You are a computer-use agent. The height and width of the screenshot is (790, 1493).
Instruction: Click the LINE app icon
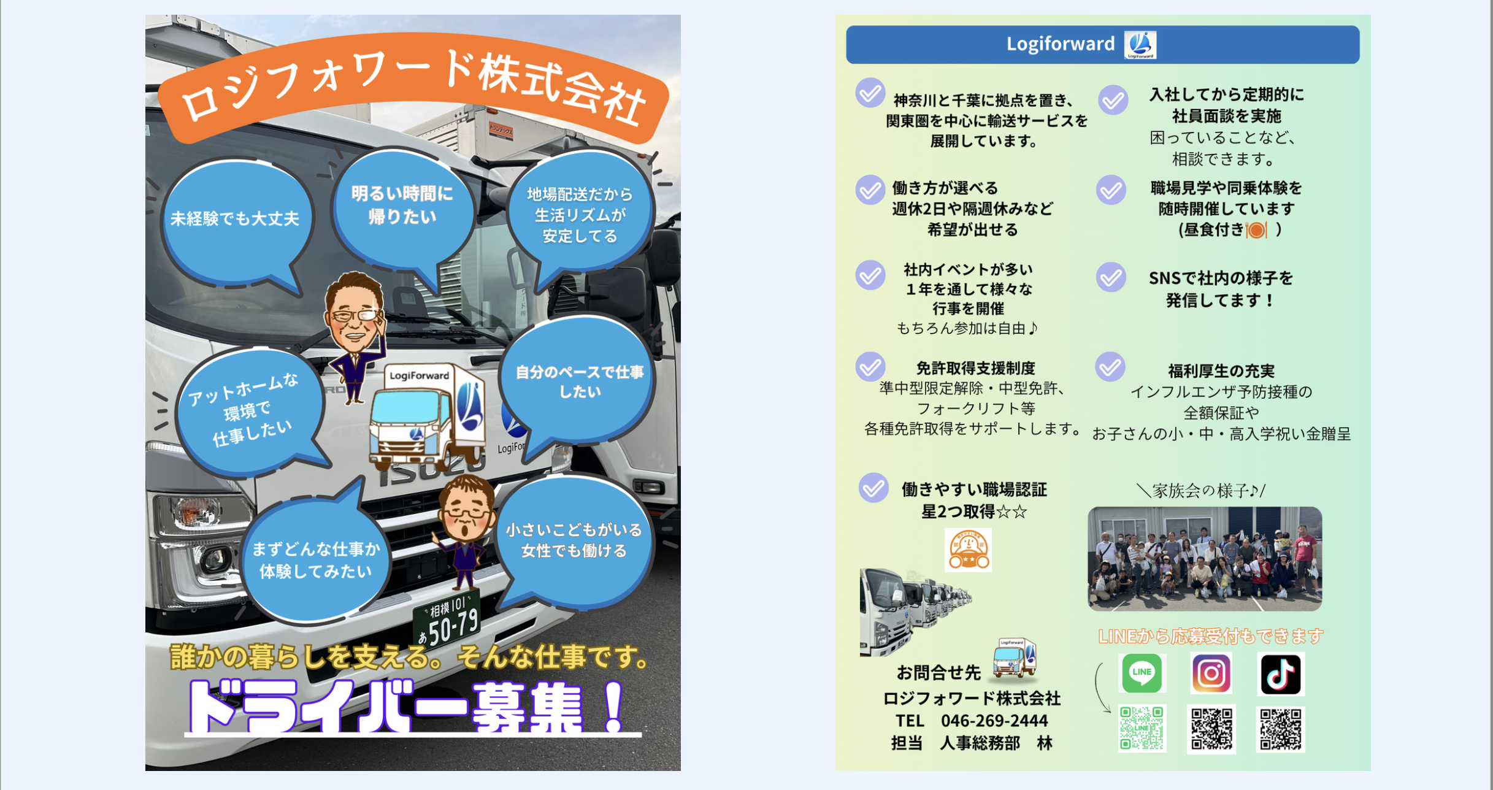coord(1142,673)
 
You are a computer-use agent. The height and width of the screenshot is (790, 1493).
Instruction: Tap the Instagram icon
coord(1211,673)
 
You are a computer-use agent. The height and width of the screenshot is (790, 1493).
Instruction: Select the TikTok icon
coord(1281,673)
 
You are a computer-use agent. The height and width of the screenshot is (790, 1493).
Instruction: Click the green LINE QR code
coord(1142,729)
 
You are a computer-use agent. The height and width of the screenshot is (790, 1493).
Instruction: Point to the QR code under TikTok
coord(1281,729)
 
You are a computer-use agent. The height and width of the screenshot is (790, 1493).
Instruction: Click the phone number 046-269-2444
coord(994,721)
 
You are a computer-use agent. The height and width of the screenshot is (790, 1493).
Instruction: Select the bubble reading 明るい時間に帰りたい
coord(402,209)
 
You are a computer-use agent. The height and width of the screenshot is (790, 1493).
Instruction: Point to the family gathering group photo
coord(1205,558)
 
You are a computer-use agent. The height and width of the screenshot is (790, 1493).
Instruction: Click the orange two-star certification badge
coord(968,550)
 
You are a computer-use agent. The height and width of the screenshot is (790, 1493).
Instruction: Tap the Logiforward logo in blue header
coord(1140,45)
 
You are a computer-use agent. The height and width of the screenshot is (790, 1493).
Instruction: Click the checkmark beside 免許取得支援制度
coord(870,367)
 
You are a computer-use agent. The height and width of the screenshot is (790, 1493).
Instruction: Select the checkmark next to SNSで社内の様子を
coord(1111,278)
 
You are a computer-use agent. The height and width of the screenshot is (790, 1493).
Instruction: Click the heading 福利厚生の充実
coord(1221,371)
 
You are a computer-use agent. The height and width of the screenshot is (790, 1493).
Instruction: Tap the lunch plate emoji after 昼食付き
coord(1256,230)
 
